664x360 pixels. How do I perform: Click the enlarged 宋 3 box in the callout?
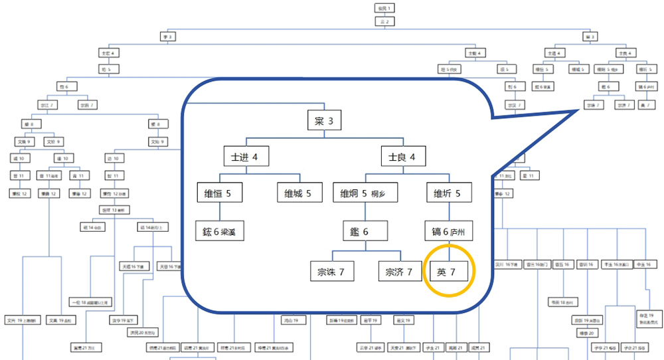pyautogui.click(x=325, y=122)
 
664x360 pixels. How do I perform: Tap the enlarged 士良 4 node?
pyautogui.click(x=402, y=157)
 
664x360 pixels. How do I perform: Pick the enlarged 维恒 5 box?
pyautogui.click(x=219, y=194)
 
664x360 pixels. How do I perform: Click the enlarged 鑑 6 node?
pyautogui.click(x=365, y=232)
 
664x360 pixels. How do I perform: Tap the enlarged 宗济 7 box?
pyautogui.click(x=400, y=271)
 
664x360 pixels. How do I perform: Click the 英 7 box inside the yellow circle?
pyautogui.click(x=450, y=271)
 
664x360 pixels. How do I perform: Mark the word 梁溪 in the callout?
pyautogui.click(x=235, y=232)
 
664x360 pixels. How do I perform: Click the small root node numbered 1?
pyautogui.click(x=385, y=8)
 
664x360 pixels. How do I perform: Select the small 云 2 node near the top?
pyautogui.click(x=385, y=21)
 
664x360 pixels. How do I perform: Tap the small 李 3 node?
pyautogui.click(x=167, y=37)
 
